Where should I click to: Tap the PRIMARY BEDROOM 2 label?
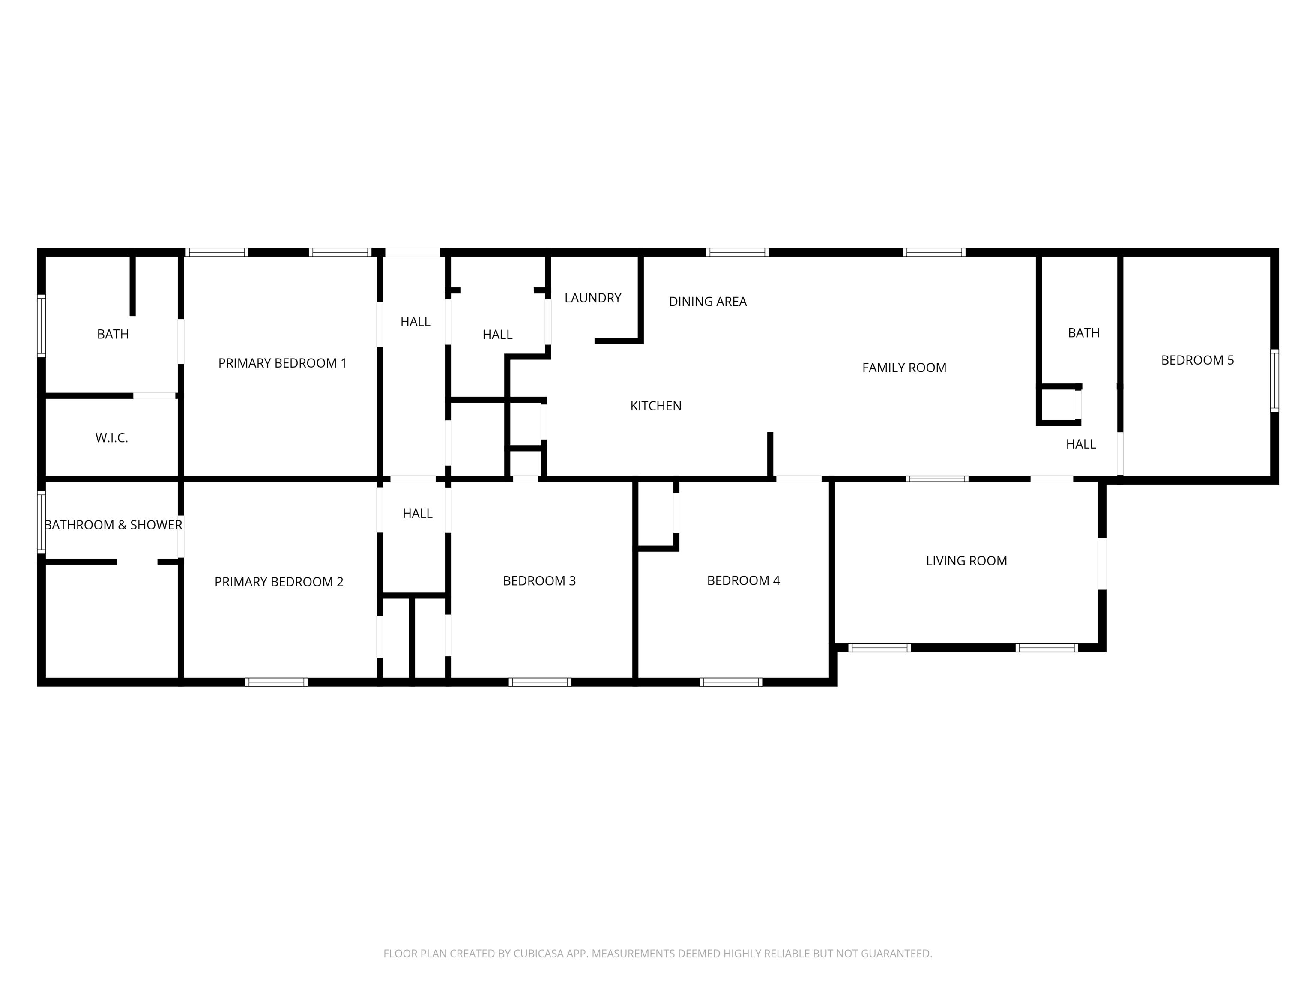[x=279, y=582]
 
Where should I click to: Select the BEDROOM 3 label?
[x=540, y=580]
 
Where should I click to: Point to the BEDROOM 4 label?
[x=743, y=580]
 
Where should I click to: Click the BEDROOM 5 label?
[x=1198, y=360]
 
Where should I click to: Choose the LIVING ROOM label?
[x=967, y=560]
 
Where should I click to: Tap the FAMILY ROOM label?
[x=904, y=368]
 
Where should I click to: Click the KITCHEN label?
[x=655, y=406]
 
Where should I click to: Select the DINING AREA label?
[x=708, y=302]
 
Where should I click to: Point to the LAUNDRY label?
[x=593, y=298]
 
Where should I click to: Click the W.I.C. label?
[x=112, y=438]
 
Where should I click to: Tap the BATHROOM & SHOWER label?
[x=113, y=525]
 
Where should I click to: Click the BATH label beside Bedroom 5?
[x=1084, y=332]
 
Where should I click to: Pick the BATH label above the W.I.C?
[x=113, y=334]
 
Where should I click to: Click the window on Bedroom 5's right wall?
[x=1274, y=381]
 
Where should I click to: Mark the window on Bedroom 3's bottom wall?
[x=540, y=682]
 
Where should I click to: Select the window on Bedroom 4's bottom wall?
[x=731, y=682]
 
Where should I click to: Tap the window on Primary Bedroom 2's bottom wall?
[x=277, y=682]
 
